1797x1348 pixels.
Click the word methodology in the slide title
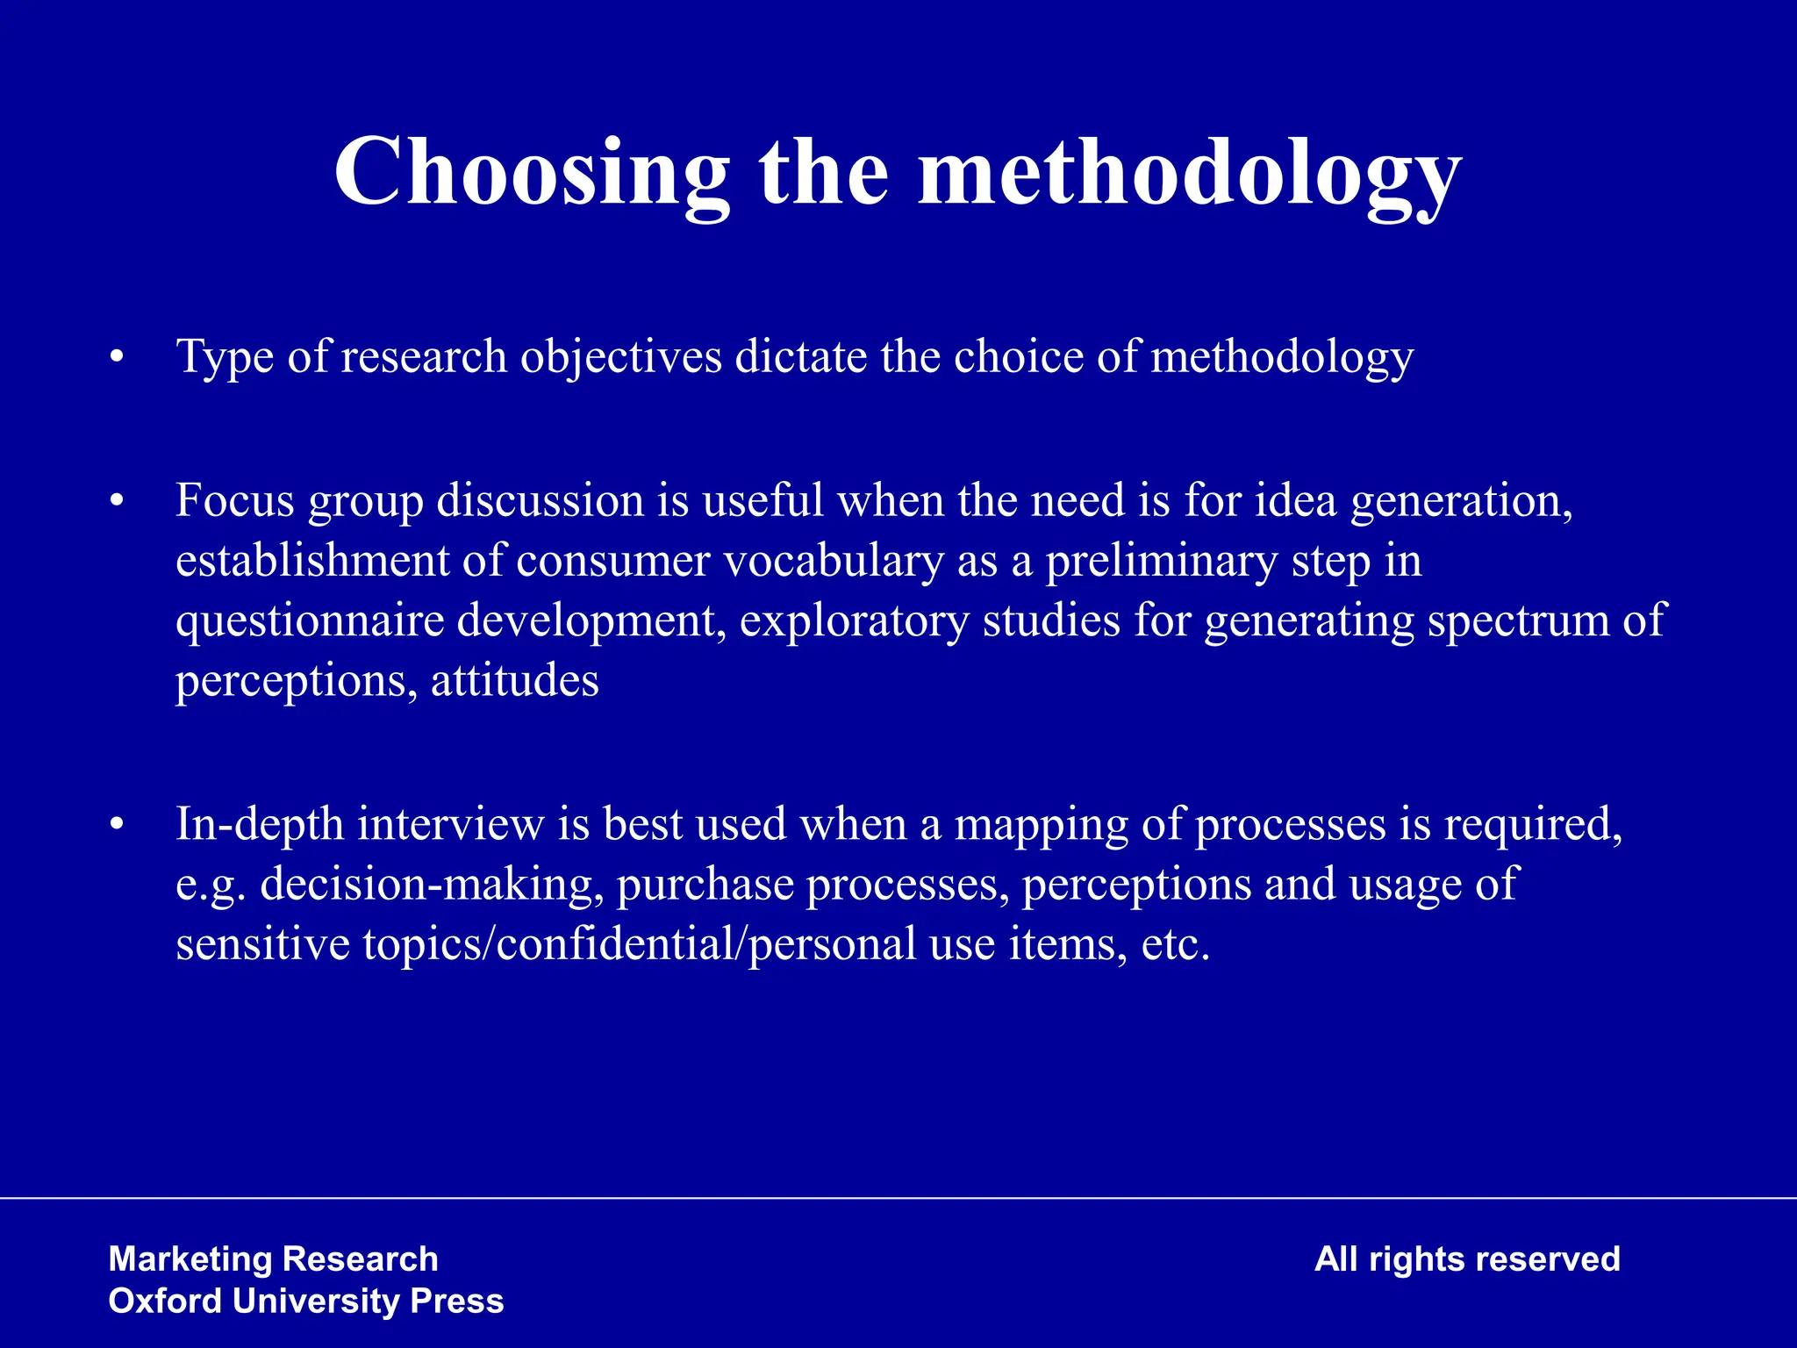[1189, 173]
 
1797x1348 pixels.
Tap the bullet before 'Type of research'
[117, 358]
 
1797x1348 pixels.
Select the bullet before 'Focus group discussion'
[117, 502]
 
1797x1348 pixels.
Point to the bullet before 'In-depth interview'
[117, 826]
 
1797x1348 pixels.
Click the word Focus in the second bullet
[234, 500]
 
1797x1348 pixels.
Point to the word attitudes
[514, 681]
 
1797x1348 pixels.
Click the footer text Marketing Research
[273, 1259]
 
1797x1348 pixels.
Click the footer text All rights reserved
[1466, 1259]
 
